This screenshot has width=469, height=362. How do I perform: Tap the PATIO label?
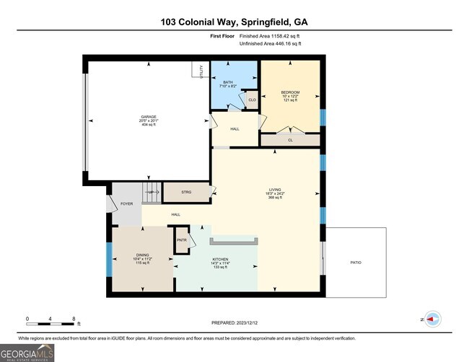[355, 262]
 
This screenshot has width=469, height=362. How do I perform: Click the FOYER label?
[126, 204]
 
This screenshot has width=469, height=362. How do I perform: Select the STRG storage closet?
[186, 193]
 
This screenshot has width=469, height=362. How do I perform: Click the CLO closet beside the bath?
[252, 100]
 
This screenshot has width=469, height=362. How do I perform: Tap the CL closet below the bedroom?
[290, 140]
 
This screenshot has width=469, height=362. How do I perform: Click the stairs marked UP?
[150, 193]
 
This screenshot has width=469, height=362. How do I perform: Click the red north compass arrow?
[433, 317]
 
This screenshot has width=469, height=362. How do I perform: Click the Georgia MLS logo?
[27, 353]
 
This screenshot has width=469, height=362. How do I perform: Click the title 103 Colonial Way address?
[234, 22]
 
